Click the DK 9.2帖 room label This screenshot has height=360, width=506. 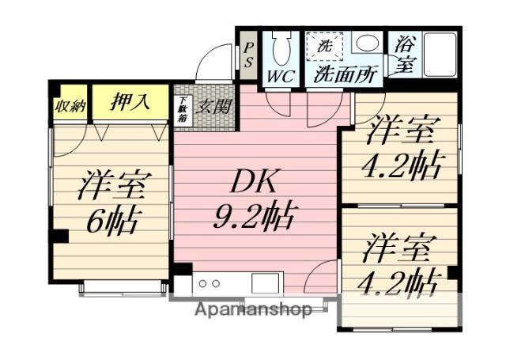click(x=254, y=198)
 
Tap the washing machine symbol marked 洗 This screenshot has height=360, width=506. click(x=324, y=45)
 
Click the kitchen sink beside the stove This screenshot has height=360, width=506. click(x=262, y=282)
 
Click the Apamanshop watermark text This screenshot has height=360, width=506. click(x=253, y=309)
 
